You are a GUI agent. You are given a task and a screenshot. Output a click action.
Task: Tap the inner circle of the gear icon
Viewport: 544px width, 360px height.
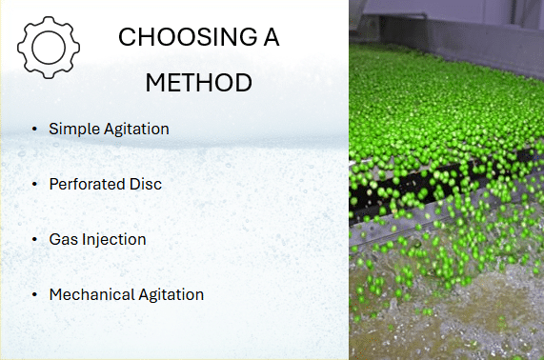click(x=49, y=32)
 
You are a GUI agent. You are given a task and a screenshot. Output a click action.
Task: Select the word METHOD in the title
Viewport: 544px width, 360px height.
click(x=198, y=83)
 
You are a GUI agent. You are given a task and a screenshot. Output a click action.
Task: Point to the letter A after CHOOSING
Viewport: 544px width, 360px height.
click(x=272, y=37)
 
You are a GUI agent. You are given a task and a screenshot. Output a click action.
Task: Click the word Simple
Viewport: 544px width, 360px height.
click(x=74, y=129)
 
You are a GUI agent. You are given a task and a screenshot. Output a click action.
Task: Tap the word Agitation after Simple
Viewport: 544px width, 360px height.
click(x=136, y=129)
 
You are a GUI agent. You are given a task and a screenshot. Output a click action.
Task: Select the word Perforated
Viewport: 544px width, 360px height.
click(x=87, y=184)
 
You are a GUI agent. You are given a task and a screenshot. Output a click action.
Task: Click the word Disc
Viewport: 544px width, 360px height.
click(x=146, y=184)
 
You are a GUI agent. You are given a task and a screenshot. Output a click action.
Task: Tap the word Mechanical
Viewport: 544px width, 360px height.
click(x=92, y=294)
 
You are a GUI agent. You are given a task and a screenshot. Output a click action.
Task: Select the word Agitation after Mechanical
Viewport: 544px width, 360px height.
click(x=171, y=295)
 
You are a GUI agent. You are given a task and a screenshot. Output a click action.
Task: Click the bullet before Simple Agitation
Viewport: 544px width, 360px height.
click(x=34, y=129)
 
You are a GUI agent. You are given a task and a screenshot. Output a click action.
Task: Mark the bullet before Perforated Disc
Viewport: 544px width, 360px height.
click(x=34, y=184)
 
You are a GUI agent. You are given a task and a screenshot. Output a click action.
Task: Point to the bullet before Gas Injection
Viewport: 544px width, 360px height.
click(x=34, y=239)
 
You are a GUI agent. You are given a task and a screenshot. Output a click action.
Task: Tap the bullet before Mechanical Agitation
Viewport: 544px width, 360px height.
click(x=34, y=294)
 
